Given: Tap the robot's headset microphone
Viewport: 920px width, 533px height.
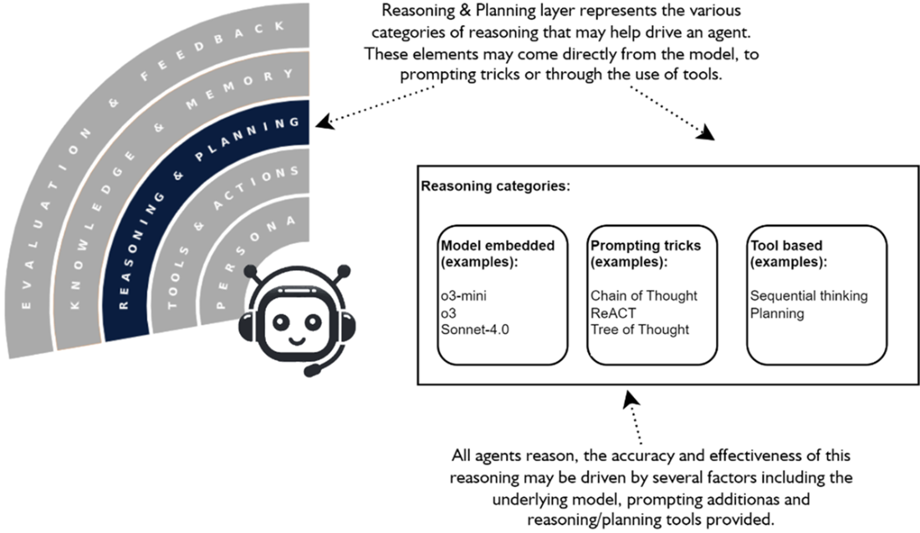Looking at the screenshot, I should pyautogui.click(x=311, y=368).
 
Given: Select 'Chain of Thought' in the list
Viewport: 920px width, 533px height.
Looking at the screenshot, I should pyautogui.click(x=644, y=296).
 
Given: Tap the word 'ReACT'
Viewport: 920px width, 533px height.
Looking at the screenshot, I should pyautogui.click(x=612, y=312).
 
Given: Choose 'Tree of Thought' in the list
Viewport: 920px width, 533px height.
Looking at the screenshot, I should pyautogui.click(x=640, y=329).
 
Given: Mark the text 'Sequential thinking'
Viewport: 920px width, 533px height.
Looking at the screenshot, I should pyautogui.click(x=809, y=296).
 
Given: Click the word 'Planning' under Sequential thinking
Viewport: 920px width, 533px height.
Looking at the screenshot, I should pyautogui.click(x=777, y=313).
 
